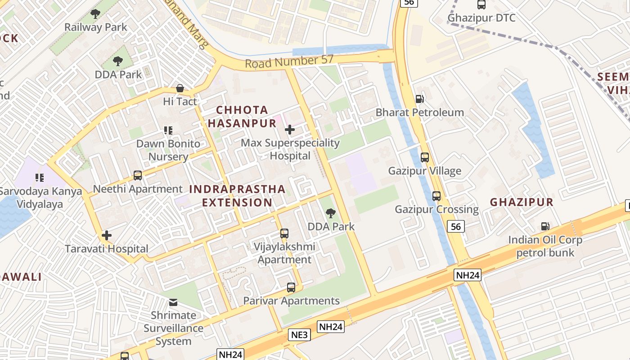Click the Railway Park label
[x=95, y=27]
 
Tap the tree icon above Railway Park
[x=95, y=14]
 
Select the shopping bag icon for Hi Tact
[x=180, y=88]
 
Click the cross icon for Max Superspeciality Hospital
[x=290, y=130]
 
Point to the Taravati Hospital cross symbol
[x=107, y=235]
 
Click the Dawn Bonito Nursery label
[x=168, y=150]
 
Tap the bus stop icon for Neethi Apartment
[x=138, y=175]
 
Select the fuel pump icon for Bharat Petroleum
[x=419, y=99]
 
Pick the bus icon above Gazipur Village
[x=425, y=157]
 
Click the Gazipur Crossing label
[x=436, y=210]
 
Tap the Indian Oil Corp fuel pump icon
[x=545, y=226]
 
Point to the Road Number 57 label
[x=289, y=62]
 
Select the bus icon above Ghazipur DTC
[x=481, y=5]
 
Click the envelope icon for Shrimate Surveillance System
[x=173, y=302]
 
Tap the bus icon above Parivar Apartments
[x=291, y=288]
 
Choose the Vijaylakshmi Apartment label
[x=284, y=253]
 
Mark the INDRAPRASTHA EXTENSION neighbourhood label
[x=237, y=196]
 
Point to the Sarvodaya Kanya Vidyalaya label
[x=40, y=198]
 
